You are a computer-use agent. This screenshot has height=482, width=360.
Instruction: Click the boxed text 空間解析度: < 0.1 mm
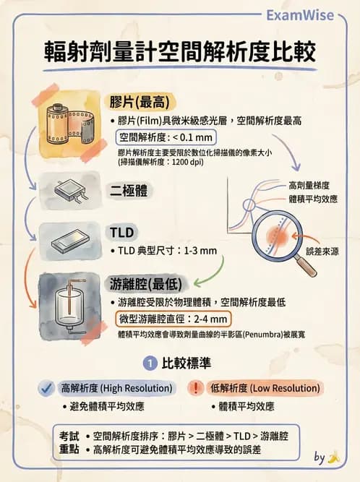tap(166, 137)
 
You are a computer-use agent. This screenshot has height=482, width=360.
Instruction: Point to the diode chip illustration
tap(72, 191)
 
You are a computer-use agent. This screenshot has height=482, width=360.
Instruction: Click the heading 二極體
tap(130, 191)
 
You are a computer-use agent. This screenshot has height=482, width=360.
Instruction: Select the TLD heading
tap(121, 232)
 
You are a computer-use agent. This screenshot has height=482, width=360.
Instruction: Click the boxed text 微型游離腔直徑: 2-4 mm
tap(174, 319)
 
